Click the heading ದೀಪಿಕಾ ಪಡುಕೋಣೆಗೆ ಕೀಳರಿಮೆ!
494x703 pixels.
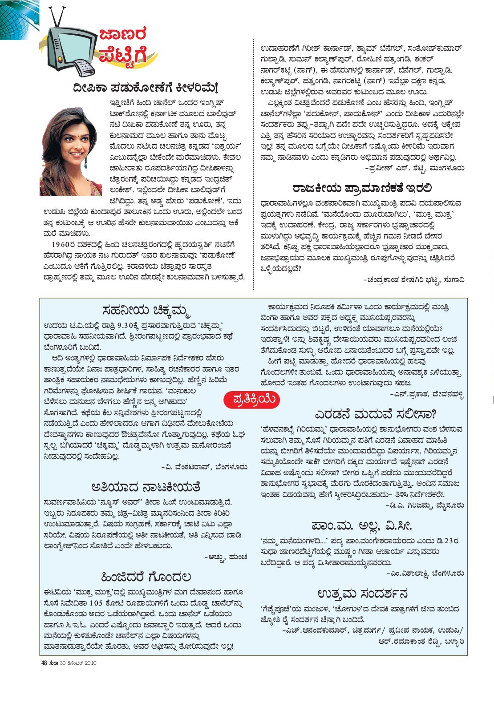[x=146, y=87]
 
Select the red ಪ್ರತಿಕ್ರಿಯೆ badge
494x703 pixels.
[x=250, y=400]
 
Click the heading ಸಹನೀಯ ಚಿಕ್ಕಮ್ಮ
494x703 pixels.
[x=146, y=309]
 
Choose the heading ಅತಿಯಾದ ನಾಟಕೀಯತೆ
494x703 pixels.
[x=146, y=487]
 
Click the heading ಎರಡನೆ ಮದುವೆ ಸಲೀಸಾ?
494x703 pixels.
[x=375, y=415]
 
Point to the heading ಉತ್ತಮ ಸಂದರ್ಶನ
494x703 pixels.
[x=362, y=594]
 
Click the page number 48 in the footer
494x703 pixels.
[x=44, y=663]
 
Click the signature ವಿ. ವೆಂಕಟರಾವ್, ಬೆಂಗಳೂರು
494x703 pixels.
[x=204, y=467]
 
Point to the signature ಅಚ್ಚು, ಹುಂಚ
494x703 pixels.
[x=226, y=557]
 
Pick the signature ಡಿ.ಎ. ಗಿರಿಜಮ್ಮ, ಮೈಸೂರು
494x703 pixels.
[x=425, y=505]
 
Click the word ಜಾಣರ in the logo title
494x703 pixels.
[x=122, y=34]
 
